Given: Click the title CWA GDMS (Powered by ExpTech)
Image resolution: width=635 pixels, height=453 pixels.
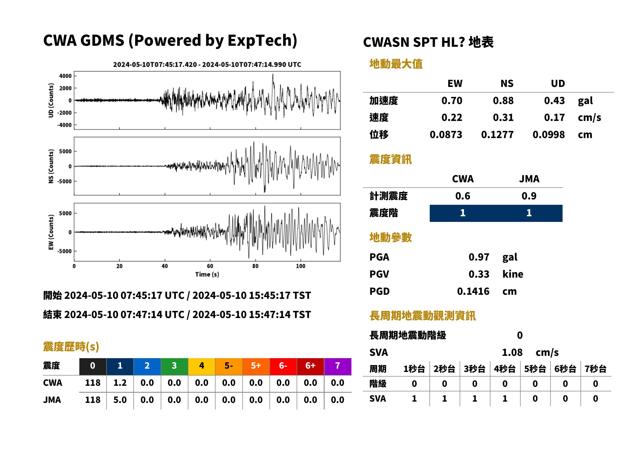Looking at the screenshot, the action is coord(170,41).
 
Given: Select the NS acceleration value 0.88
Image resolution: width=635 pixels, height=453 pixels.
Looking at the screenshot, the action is coord(503,101).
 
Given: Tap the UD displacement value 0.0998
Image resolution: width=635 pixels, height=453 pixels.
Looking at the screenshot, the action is coord(548,135).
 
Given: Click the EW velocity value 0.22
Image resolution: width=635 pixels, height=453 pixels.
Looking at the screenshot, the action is coord(451,118).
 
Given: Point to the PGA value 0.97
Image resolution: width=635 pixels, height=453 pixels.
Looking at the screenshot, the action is coord(479,257).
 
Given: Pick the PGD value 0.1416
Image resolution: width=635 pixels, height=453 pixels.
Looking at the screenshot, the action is coord(473,291).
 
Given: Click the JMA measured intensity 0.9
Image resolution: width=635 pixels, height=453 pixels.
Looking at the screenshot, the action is coord(529,196).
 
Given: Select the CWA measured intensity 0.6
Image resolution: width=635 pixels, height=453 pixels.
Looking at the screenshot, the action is coord(462,196).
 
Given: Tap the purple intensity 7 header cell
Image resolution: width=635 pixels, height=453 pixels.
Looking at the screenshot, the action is coord(338,366).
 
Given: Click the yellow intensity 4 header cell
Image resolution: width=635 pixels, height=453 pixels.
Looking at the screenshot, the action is coord(202,366).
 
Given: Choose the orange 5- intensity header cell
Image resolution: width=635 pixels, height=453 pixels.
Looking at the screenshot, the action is coord(229,366).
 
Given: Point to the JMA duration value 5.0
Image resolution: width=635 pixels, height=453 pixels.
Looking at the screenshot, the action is coord(120,400).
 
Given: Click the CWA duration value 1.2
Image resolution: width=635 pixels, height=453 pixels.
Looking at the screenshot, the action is coord(120,383).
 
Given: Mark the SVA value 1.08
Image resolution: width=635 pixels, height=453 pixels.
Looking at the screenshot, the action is coord(512,353).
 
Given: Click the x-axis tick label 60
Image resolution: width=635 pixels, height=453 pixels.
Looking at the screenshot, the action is coord(210,266).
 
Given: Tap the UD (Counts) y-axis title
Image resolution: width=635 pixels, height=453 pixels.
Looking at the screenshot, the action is coord(51,100).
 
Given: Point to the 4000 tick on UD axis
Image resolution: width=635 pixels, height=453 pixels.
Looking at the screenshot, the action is coord(65,76).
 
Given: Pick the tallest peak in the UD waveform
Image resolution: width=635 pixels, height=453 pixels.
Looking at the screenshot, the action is coord(273,74).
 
